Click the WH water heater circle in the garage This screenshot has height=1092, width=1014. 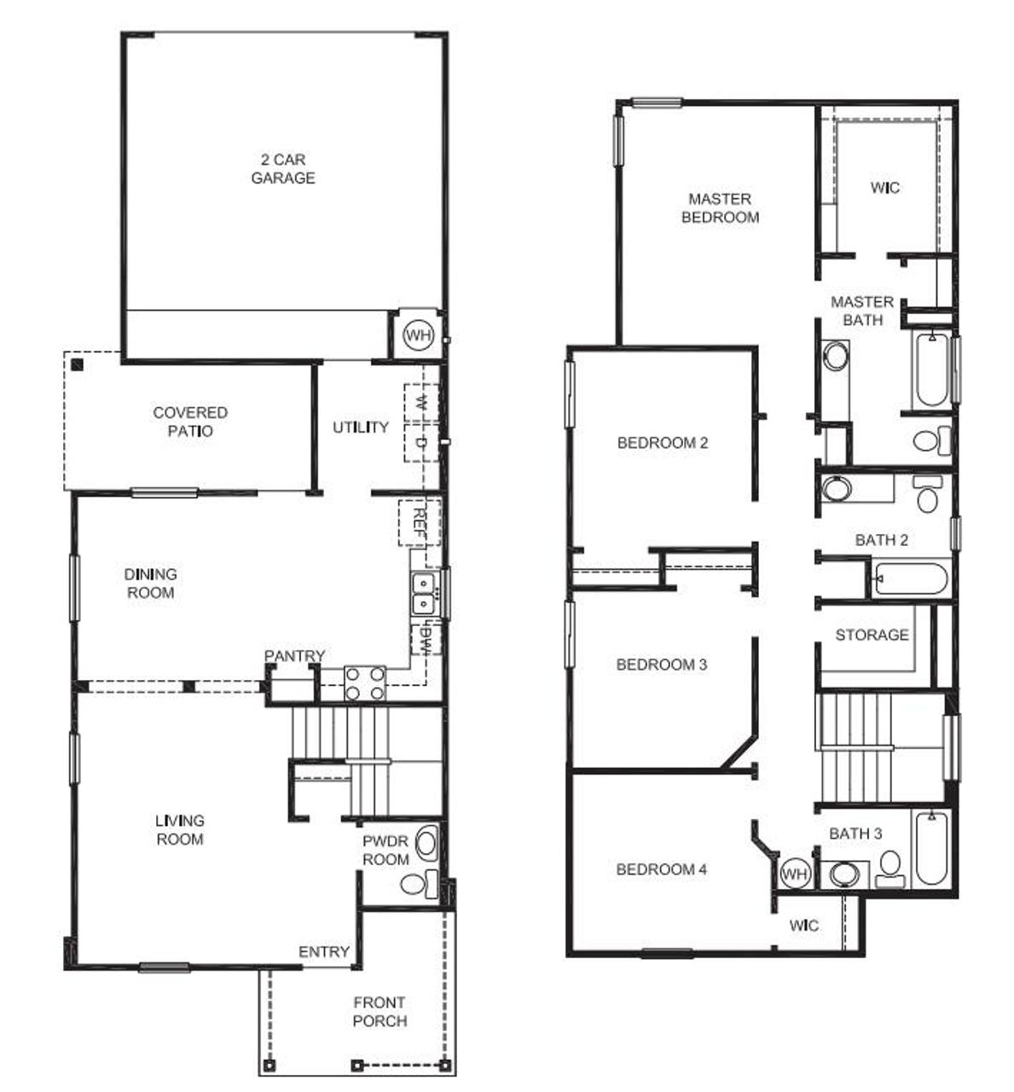point(419,335)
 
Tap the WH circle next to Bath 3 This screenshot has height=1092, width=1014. point(794,873)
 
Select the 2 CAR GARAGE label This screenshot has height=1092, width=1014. point(283,169)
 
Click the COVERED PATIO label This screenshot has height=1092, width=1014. point(189,421)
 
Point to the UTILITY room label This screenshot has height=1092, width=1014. point(361,427)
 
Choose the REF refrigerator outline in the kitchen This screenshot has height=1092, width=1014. point(420,522)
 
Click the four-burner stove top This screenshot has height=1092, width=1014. point(365,682)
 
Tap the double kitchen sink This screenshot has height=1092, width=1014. point(423,593)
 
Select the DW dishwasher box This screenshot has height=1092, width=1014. point(426,637)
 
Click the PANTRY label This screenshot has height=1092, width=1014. point(295,656)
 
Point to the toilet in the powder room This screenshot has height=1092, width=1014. point(419,884)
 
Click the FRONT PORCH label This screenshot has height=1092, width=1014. point(380,1013)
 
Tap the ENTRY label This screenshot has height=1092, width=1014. point(324,952)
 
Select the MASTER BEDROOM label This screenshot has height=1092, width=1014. point(721,208)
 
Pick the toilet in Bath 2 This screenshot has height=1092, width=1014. point(928,493)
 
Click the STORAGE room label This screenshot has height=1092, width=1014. point(872,635)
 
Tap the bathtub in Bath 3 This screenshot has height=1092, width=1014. point(931,848)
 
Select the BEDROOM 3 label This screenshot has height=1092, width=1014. point(662,665)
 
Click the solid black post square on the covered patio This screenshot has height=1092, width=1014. point(78,364)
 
